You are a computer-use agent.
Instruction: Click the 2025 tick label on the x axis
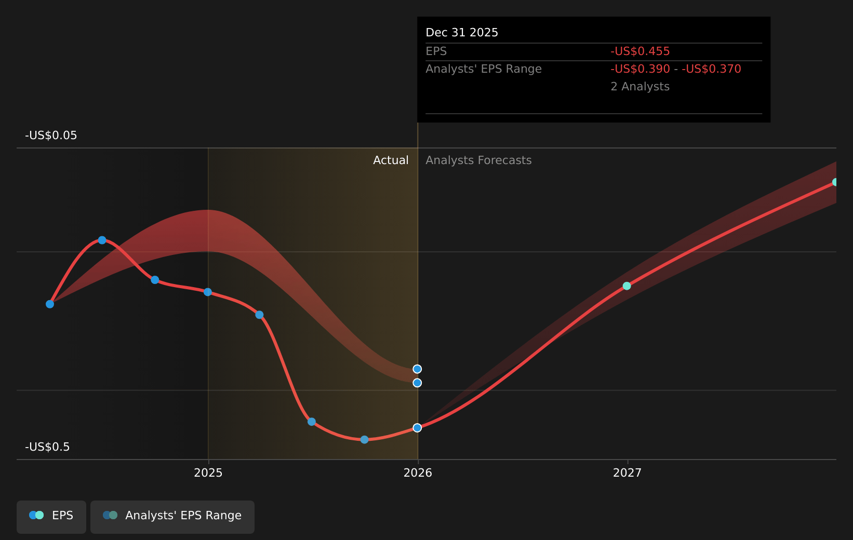click(208, 473)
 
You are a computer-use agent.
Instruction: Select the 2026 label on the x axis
click(418, 473)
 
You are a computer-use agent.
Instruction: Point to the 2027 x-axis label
click(627, 473)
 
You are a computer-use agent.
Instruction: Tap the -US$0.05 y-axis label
click(51, 136)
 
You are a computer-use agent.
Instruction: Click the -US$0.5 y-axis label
click(47, 447)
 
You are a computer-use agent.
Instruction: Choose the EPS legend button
click(51, 516)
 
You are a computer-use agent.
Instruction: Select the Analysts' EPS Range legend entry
click(172, 516)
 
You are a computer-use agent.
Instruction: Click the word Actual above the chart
click(391, 160)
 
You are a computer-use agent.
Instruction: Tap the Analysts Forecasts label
click(478, 160)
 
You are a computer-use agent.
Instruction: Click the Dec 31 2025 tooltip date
click(462, 33)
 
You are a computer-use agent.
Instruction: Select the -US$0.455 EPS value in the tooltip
click(640, 51)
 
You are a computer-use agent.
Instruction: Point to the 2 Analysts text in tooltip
click(640, 87)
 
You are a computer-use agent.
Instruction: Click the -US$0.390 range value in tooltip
click(640, 69)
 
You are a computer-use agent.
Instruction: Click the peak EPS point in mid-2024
click(102, 240)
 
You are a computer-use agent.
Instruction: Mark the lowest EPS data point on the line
click(364, 440)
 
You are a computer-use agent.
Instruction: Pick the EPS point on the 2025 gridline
click(208, 292)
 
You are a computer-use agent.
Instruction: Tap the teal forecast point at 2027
click(627, 286)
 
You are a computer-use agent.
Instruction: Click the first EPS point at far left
click(50, 304)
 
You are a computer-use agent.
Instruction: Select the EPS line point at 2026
click(417, 428)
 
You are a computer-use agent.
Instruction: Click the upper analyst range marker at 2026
click(417, 369)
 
